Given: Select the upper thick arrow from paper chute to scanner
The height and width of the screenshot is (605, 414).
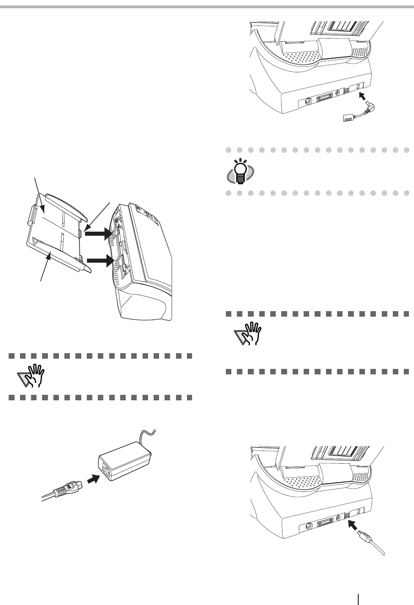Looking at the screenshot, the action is click(97, 235).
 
